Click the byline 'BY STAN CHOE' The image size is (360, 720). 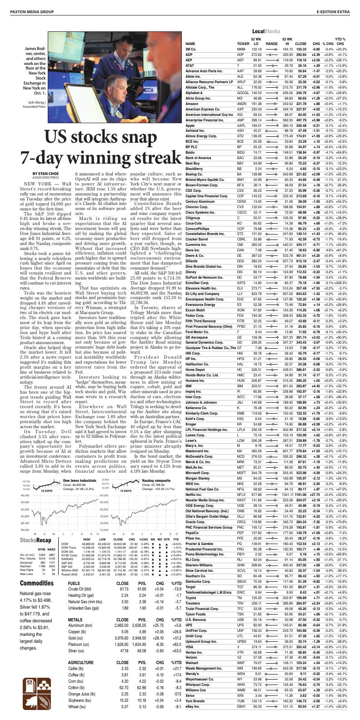(45, 173)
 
